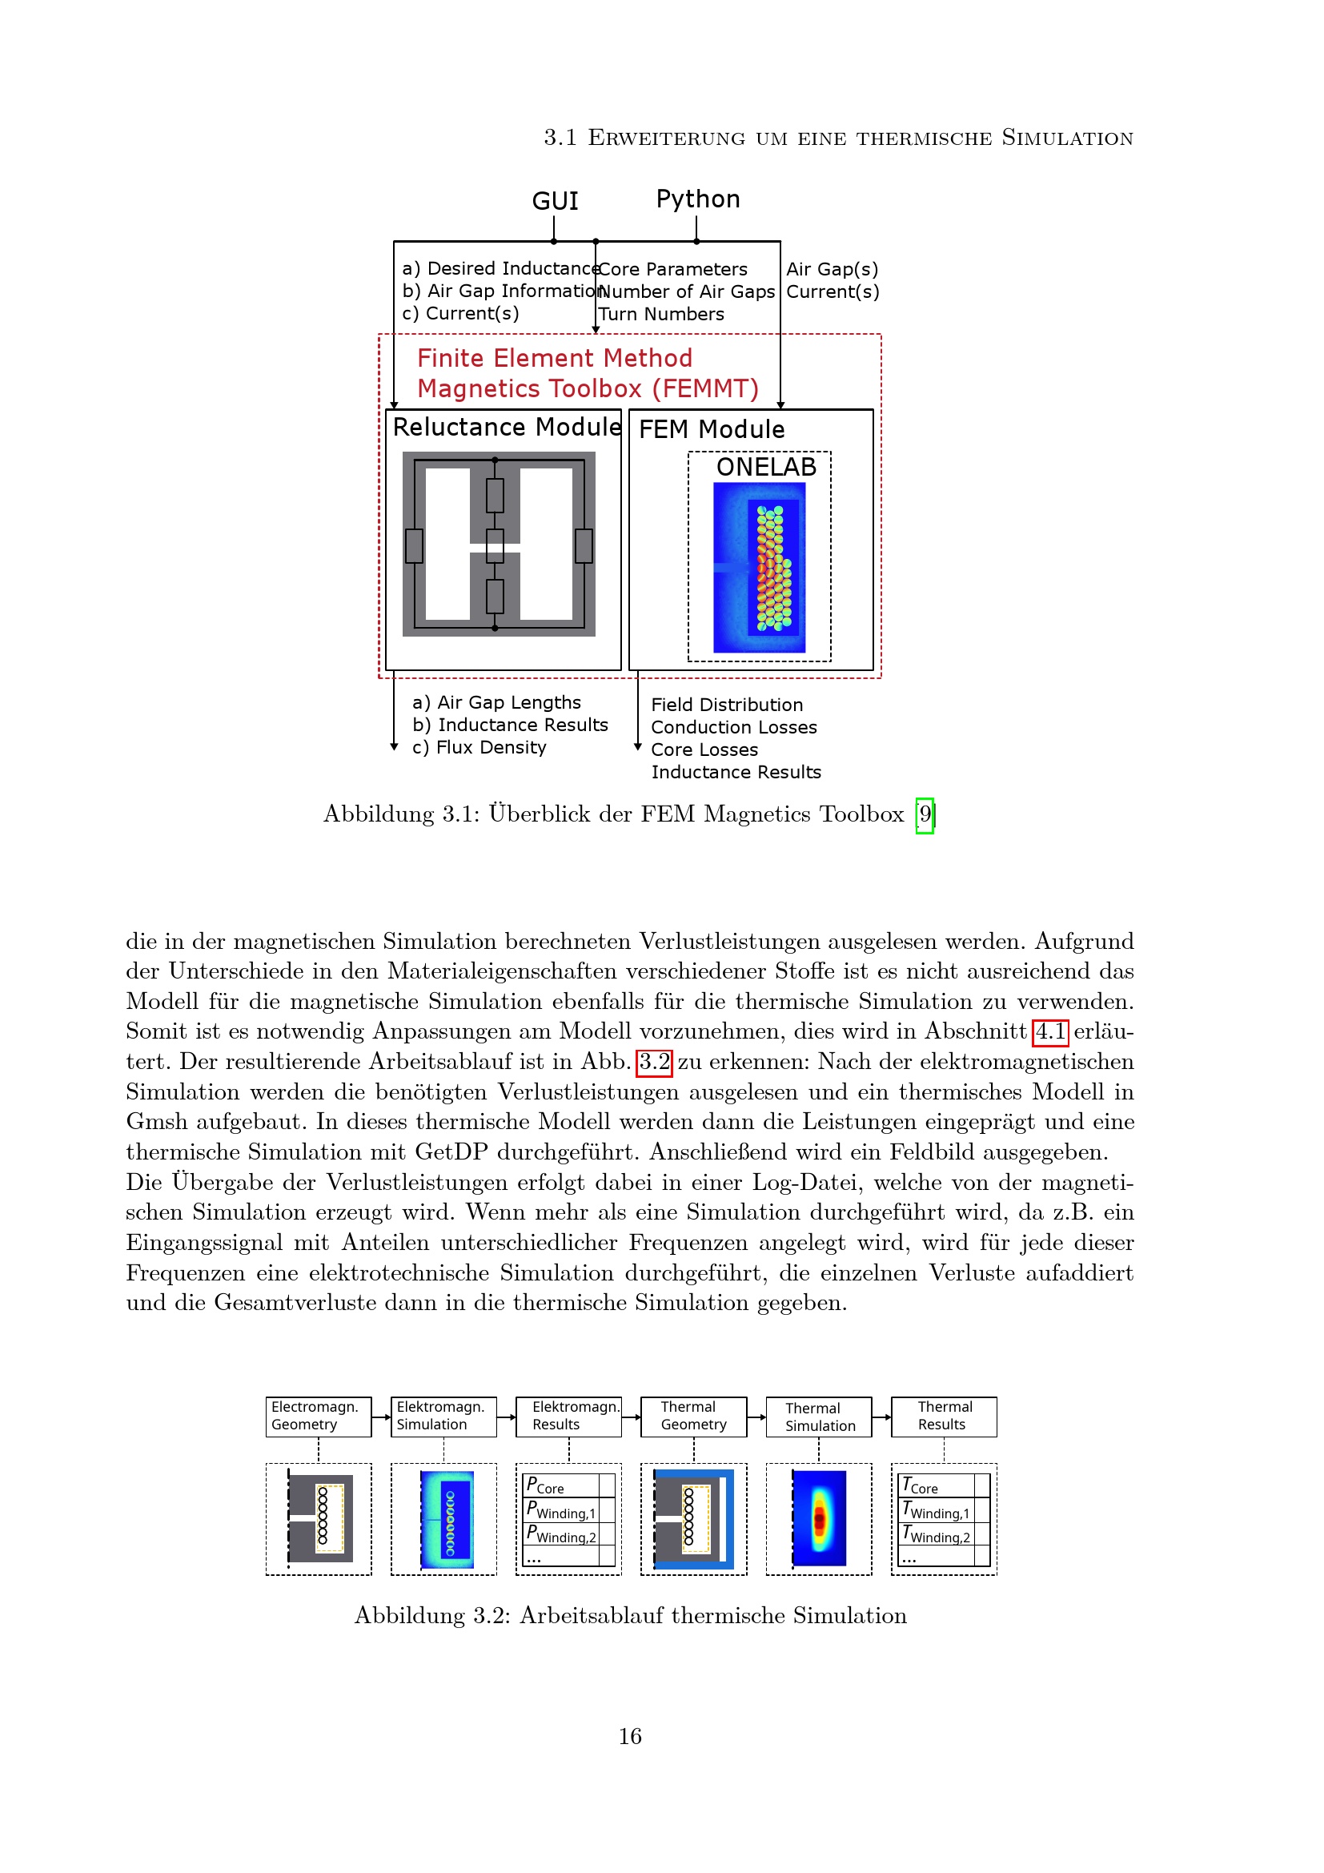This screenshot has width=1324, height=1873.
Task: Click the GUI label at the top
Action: click(x=555, y=201)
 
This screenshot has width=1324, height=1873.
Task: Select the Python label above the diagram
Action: click(x=697, y=199)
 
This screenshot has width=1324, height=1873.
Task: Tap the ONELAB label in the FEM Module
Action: click(x=765, y=467)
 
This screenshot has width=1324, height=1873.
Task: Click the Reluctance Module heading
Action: click(x=506, y=427)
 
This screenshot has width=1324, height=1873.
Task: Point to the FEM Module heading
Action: click(x=711, y=429)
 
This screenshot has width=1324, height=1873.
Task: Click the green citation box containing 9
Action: click(x=925, y=814)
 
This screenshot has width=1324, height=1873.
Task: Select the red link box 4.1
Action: click(x=1050, y=1032)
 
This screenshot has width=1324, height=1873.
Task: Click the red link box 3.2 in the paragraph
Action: click(x=654, y=1062)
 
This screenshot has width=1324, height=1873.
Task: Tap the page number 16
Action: click(x=629, y=1736)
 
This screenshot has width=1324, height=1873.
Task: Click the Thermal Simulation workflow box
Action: click(x=819, y=1417)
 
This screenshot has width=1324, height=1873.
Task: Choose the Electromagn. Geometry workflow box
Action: click(x=318, y=1417)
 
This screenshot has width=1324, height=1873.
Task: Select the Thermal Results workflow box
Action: click(x=943, y=1417)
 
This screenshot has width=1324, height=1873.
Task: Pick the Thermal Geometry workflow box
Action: click(x=693, y=1417)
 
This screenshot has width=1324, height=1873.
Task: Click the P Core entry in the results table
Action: click(x=545, y=1485)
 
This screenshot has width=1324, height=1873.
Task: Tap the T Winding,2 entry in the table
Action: click(x=936, y=1535)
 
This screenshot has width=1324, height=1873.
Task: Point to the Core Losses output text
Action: click(x=704, y=750)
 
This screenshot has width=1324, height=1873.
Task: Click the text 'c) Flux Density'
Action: click(x=479, y=747)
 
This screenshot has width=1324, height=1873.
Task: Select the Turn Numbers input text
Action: click(x=661, y=314)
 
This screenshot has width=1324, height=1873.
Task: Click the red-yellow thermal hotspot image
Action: click(x=820, y=1519)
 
